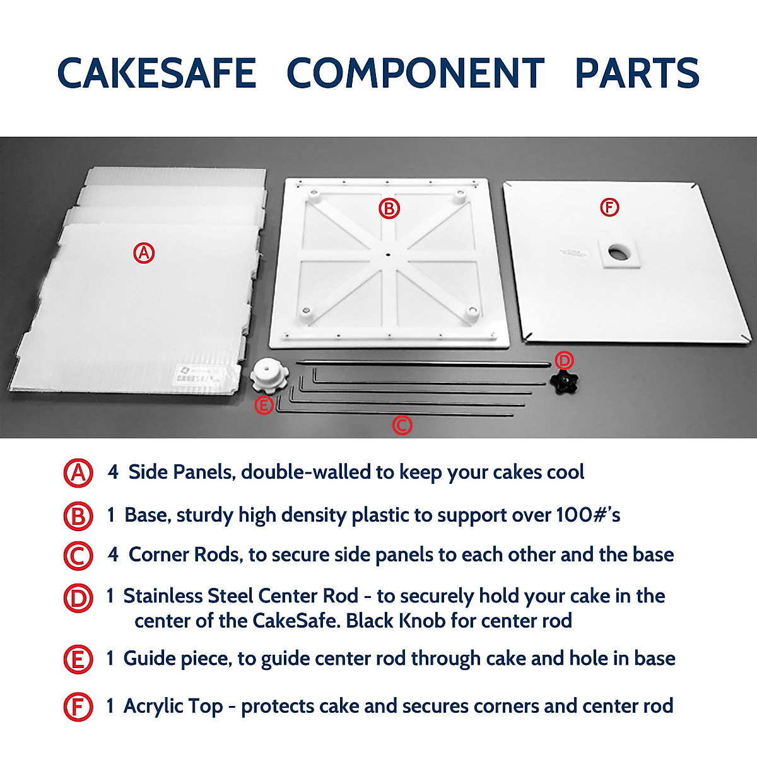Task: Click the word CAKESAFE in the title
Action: click(156, 73)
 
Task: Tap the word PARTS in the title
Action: click(637, 73)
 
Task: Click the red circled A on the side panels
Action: click(144, 253)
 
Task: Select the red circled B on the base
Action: click(389, 208)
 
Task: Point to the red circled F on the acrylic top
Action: click(609, 207)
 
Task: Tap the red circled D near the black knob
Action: click(564, 360)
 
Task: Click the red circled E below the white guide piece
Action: click(264, 406)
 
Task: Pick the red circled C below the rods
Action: click(402, 425)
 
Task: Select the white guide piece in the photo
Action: click(269, 377)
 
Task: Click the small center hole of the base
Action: click(387, 255)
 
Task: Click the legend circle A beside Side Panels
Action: click(78, 473)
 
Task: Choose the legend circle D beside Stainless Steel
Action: click(78, 597)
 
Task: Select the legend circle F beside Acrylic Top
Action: click(78, 707)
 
